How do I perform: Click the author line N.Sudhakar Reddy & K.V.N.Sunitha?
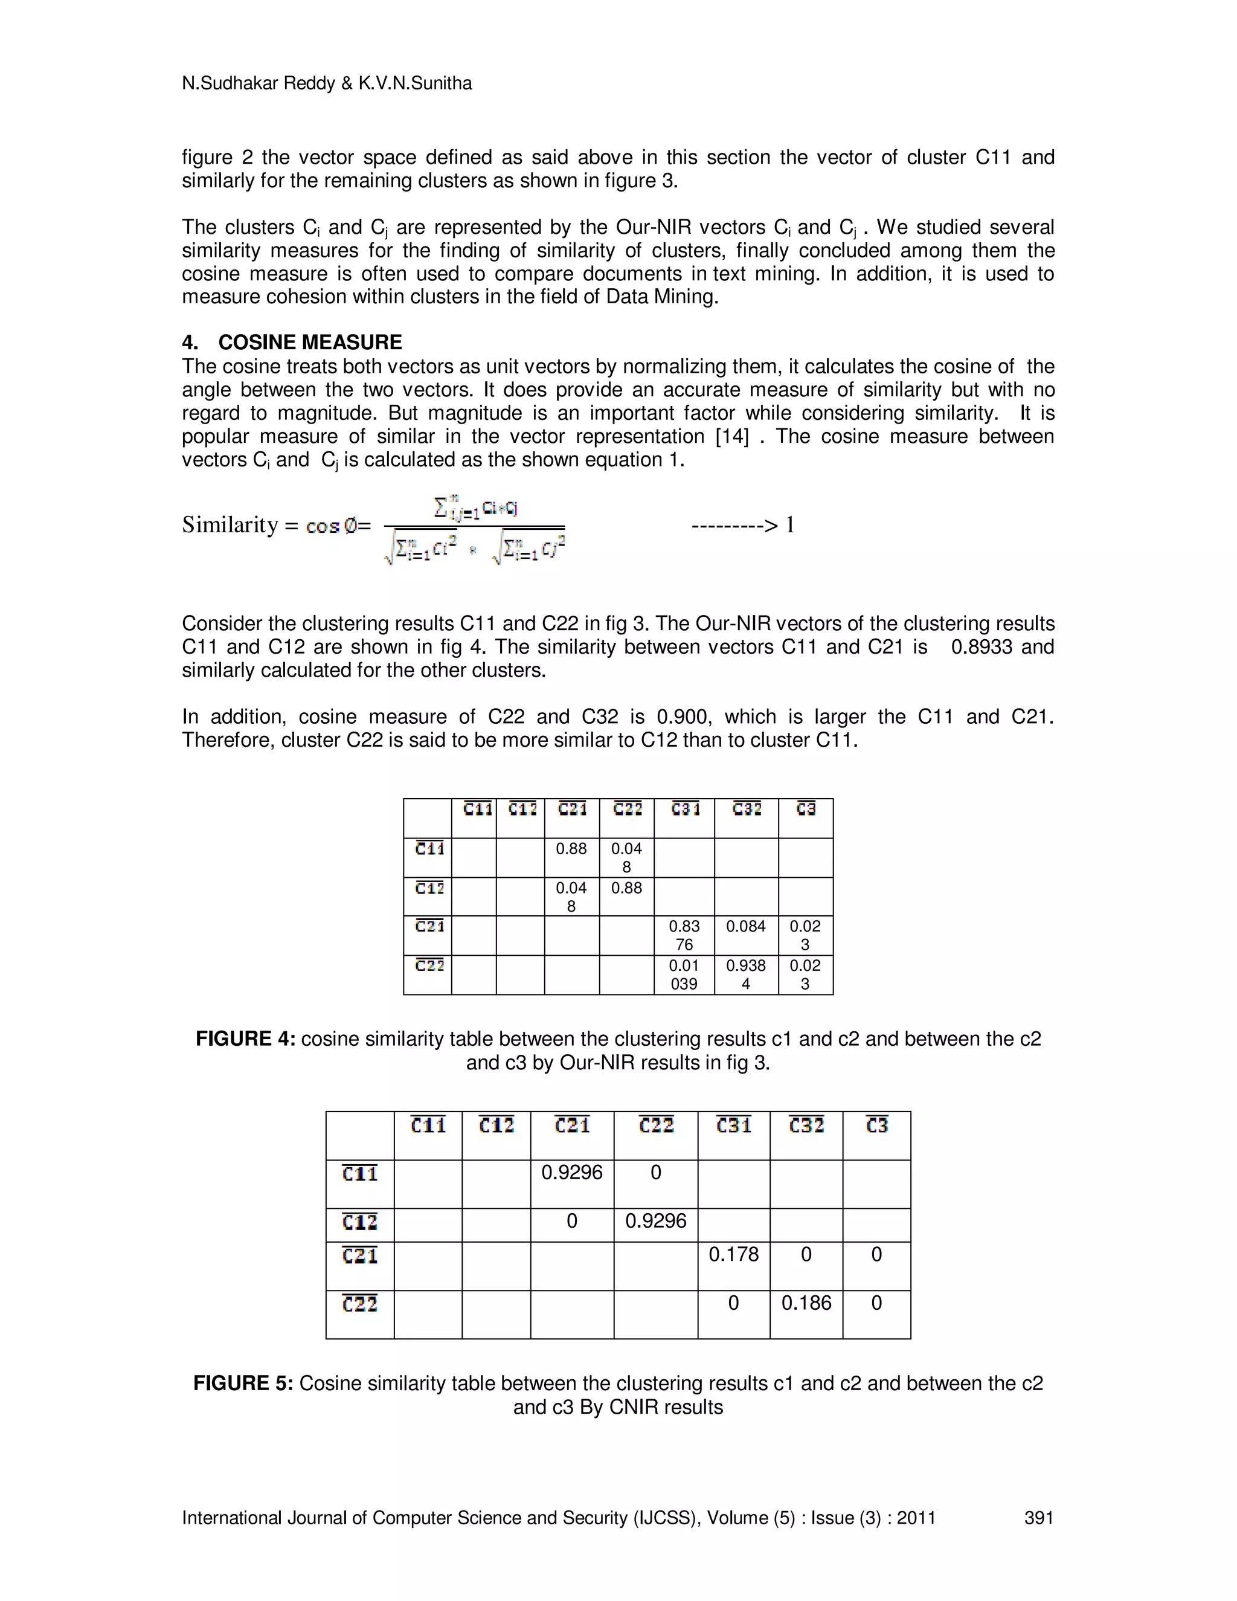pyautogui.click(x=327, y=83)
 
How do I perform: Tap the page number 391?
pyautogui.click(x=1038, y=1518)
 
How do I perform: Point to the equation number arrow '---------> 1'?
pyautogui.click(x=742, y=525)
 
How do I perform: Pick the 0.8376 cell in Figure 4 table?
pyautogui.click(x=684, y=935)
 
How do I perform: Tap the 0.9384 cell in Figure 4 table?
pyautogui.click(x=745, y=974)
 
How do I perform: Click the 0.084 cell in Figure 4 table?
pyautogui.click(x=745, y=927)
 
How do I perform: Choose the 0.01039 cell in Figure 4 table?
pyautogui.click(x=684, y=974)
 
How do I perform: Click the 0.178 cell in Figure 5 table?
pyautogui.click(x=733, y=1254)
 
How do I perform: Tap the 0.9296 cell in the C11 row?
pyautogui.click(x=571, y=1172)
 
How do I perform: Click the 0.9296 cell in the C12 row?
pyautogui.click(x=655, y=1220)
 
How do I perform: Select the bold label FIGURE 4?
pyautogui.click(x=245, y=1039)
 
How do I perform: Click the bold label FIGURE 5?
pyautogui.click(x=243, y=1384)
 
